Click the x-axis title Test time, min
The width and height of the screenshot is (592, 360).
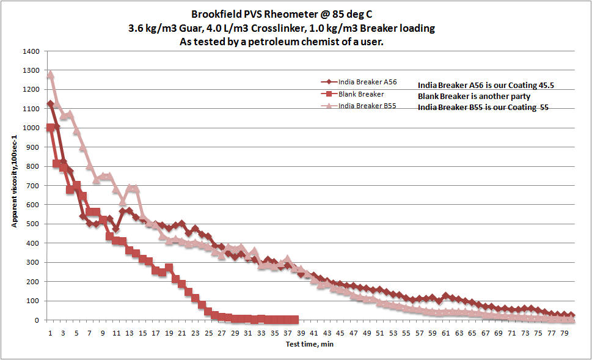[x=309, y=344]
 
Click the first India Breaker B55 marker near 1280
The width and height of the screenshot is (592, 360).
[x=50, y=75]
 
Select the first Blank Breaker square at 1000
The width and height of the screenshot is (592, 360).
[x=50, y=128]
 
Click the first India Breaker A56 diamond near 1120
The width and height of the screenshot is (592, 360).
[x=50, y=105]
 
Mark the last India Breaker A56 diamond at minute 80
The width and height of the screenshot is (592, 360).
[x=571, y=316]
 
